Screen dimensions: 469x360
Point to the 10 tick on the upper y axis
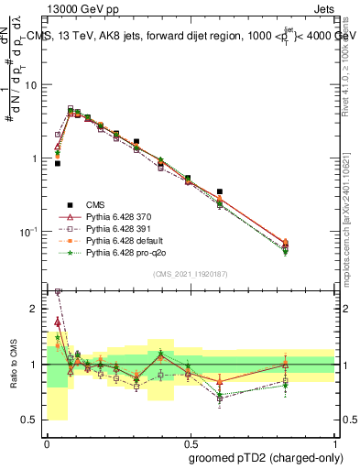click(32, 85)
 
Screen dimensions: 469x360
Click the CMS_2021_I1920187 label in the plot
click(190, 274)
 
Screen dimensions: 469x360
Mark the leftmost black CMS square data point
click(58, 163)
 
